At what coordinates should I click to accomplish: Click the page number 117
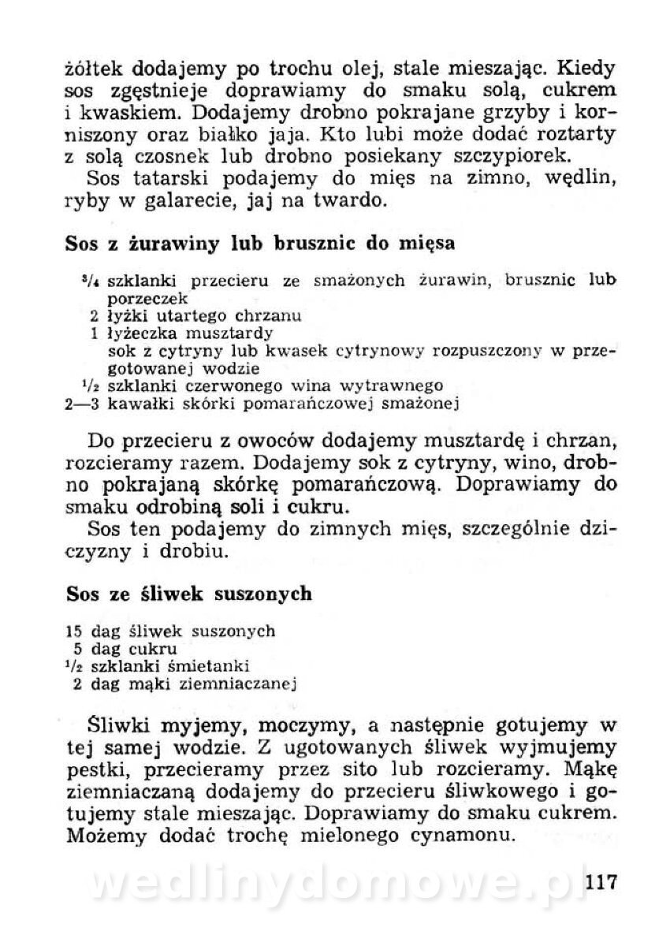597,881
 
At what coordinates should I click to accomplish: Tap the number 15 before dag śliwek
74,631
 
